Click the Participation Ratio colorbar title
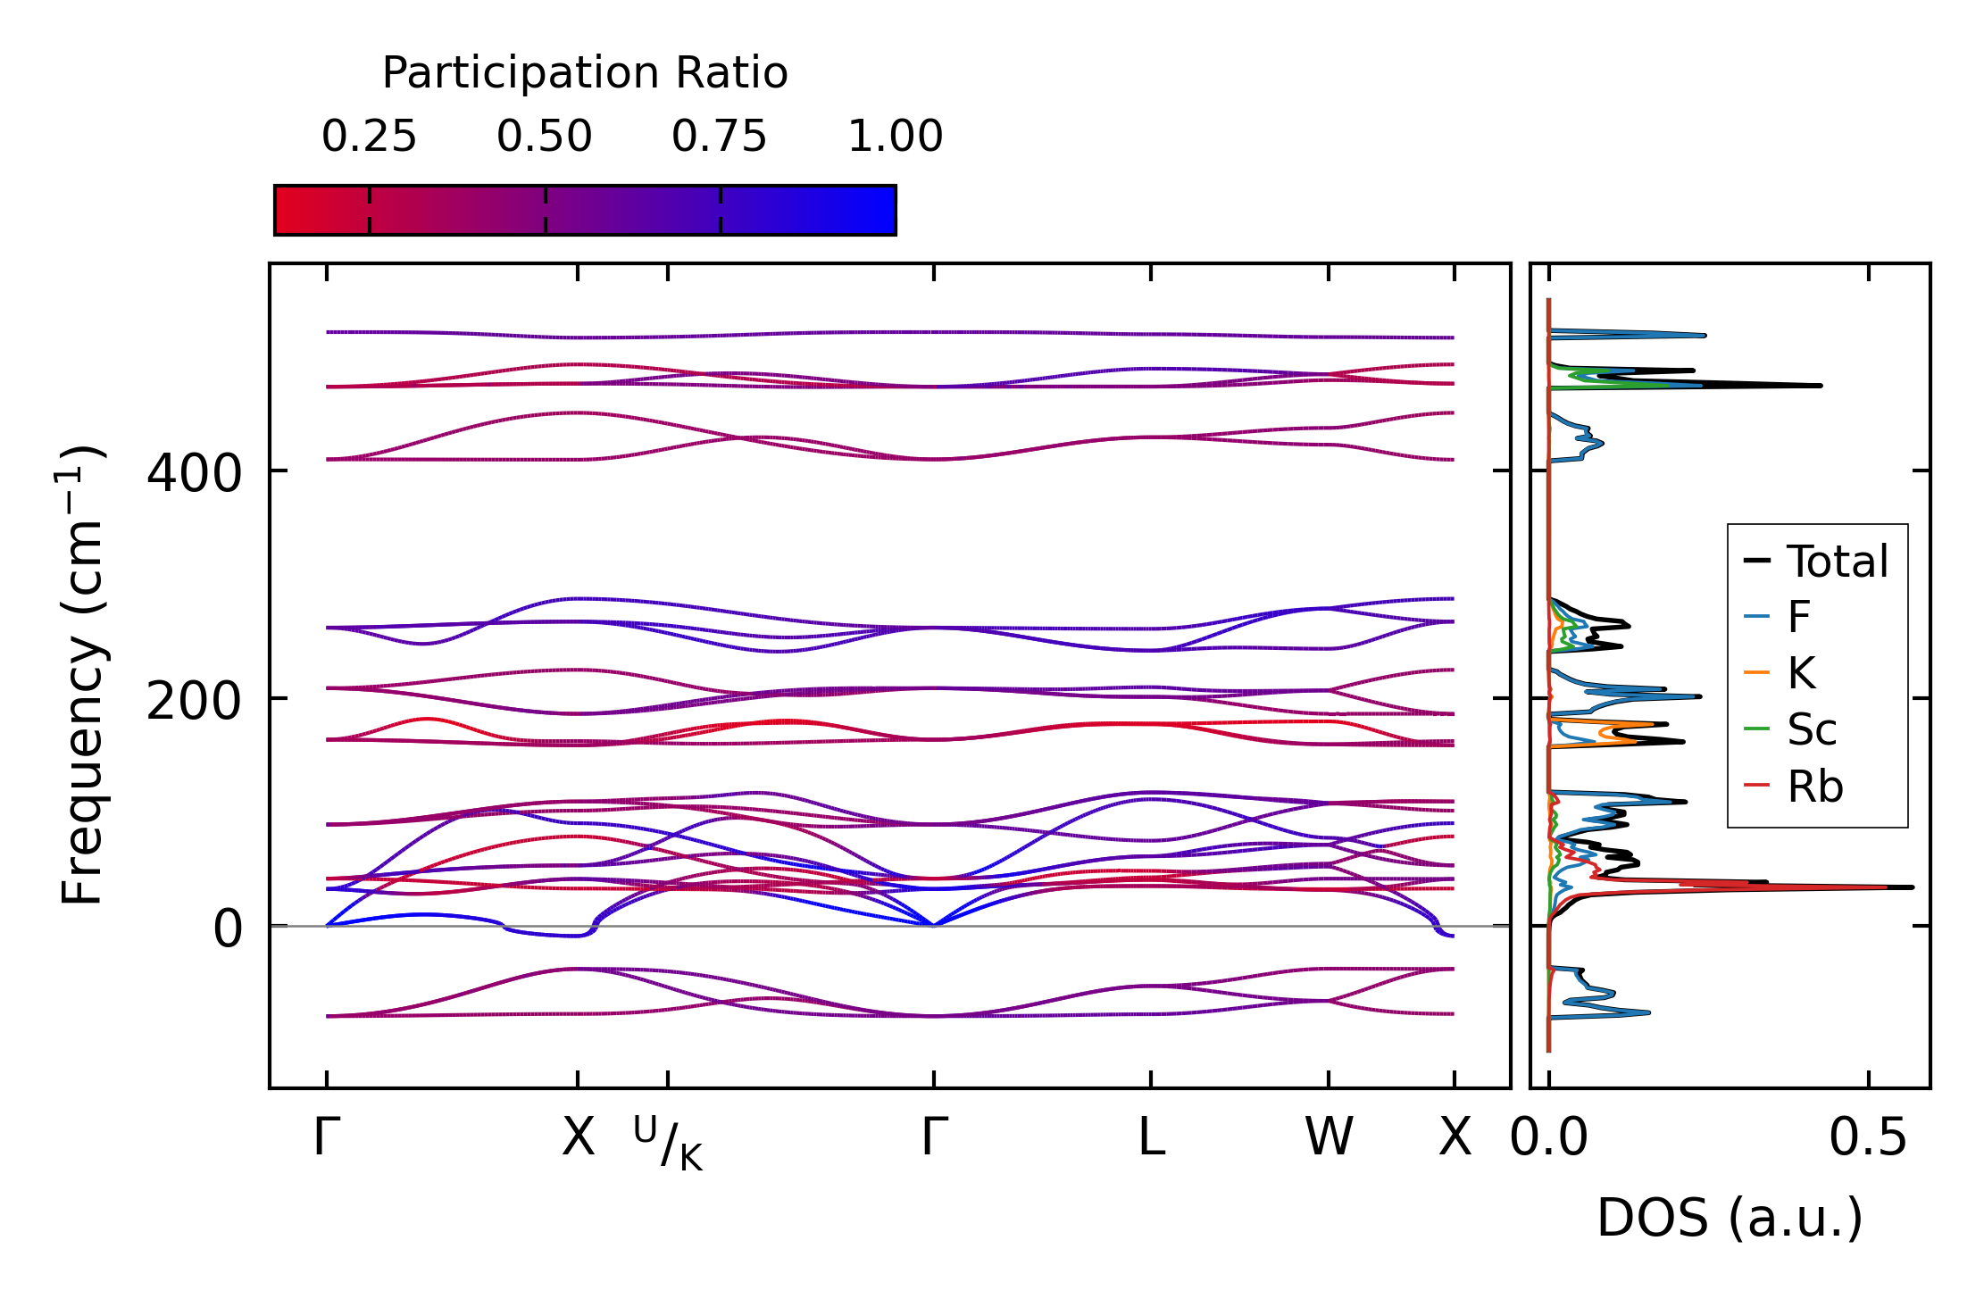585,73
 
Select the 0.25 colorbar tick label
369,137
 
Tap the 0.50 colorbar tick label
545,137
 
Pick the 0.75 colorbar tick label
720,137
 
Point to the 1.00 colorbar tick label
895,137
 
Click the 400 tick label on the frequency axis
194,473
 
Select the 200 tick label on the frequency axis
194,702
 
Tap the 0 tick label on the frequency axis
227,928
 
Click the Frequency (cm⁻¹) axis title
82,675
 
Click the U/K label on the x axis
668,1144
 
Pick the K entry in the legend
1801,673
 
